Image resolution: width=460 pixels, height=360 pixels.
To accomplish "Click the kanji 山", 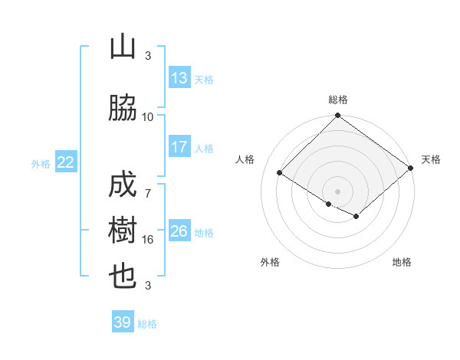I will coord(123,48).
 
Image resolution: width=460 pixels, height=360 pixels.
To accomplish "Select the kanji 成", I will coord(123,186).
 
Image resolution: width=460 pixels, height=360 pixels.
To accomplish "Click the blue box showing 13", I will coord(179,79).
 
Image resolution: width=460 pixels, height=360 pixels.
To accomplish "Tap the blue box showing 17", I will coord(179,147).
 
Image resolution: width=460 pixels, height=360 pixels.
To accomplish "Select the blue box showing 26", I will coord(179,231).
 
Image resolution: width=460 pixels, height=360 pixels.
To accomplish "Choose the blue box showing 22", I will coord(66,162).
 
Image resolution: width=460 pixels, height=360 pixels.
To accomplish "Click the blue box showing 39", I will coord(123,322).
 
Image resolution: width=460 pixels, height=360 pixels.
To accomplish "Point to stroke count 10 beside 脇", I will coord(148,117).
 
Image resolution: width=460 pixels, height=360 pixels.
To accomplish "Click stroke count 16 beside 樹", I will coord(148,240).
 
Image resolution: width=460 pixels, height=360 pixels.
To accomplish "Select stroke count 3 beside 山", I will coord(148,56).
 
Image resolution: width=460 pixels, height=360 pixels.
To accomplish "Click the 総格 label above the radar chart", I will coord(338,100).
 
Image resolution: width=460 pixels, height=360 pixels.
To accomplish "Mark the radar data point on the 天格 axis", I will coord(411,169).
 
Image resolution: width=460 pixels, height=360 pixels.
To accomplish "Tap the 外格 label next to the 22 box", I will coord(41,163).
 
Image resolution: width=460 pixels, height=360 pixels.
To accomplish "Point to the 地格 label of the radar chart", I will coord(402,263).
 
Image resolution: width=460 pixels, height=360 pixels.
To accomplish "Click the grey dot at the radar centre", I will coord(337,191).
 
